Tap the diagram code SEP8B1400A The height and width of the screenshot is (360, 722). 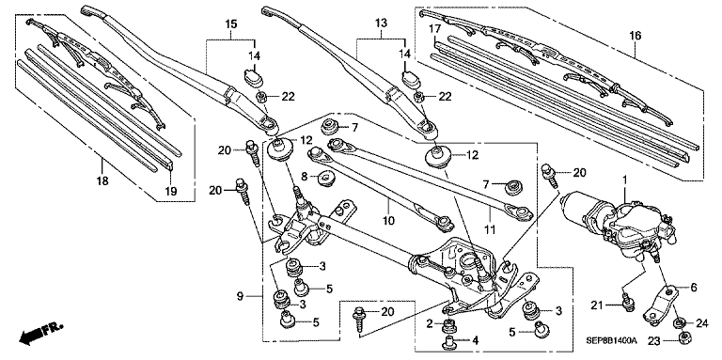point(611,340)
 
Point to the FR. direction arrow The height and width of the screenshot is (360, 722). point(40,334)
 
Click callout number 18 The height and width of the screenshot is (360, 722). point(102,180)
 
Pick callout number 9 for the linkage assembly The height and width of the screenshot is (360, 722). point(240,296)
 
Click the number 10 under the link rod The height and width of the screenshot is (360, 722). point(388,221)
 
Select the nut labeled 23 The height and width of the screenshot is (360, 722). point(683,339)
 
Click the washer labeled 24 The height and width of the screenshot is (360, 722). point(678,323)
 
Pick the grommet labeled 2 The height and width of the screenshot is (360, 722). point(447,325)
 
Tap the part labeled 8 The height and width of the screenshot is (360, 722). point(325,177)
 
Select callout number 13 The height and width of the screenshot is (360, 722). point(382,23)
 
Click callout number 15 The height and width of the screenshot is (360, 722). point(231,23)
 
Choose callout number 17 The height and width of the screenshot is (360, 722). point(434,29)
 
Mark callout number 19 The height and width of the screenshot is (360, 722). point(171,191)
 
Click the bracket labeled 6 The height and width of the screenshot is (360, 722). point(661,305)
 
